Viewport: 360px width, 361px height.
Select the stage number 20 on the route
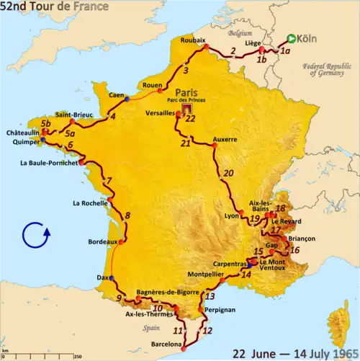(229, 173)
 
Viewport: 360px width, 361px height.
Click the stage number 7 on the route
(109, 181)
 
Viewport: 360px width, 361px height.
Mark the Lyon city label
(231, 216)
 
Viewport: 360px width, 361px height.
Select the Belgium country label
(239, 34)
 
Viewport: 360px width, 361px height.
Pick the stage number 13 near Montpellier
(210, 296)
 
